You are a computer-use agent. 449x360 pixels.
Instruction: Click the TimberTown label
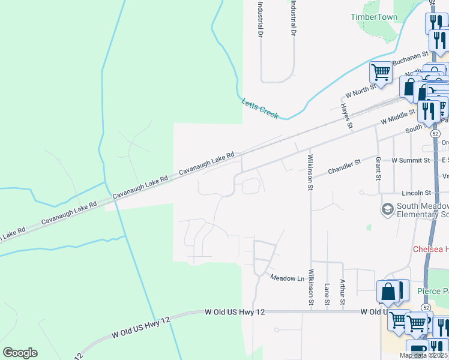(374, 17)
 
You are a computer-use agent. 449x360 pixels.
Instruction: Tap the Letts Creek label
(259, 109)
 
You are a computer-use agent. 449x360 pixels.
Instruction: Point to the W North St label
(360, 91)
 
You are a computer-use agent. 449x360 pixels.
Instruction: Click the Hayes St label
(345, 116)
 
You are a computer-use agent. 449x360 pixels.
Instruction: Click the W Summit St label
(411, 160)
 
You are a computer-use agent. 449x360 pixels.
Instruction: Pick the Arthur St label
(343, 290)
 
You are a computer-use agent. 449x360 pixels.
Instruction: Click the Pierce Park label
(433, 291)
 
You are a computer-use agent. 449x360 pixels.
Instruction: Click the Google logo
(20, 353)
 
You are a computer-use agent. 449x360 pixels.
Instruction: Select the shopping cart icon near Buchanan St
(381, 73)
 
